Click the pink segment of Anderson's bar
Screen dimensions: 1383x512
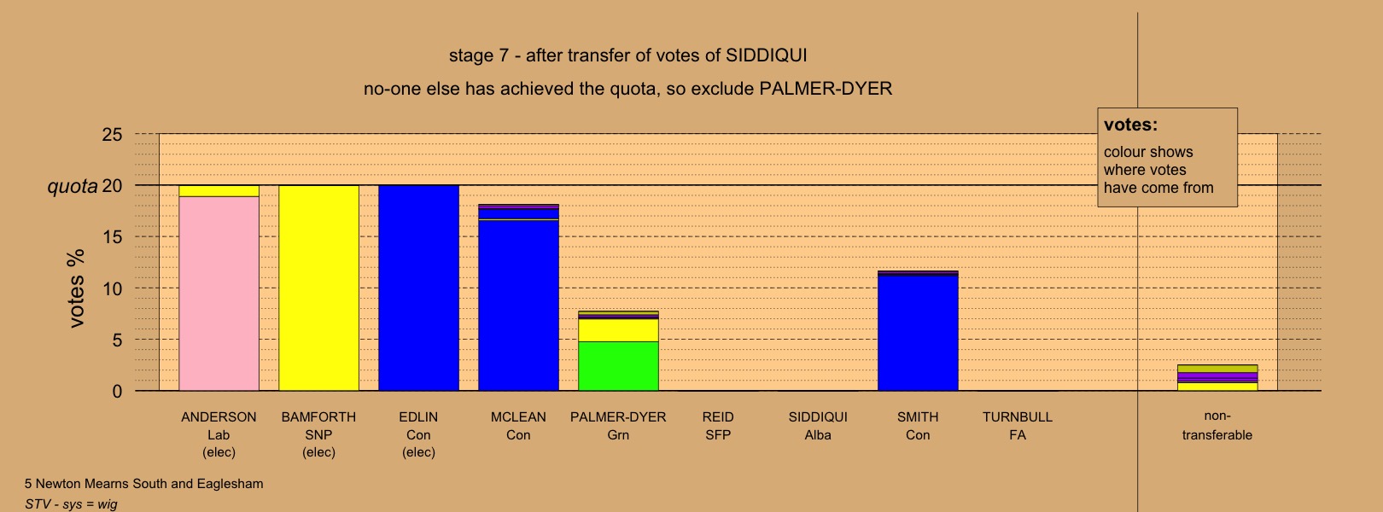click(219, 294)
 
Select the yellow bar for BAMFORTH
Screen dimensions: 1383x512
click(318, 288)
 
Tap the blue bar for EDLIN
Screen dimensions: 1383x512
click(418, 288)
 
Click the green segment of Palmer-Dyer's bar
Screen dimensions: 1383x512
click(619, 366)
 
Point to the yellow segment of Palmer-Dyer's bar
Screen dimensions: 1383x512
click(619, 330)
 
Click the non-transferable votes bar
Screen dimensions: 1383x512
click(1217, 377)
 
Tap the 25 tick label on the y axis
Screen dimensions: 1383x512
click(113, 135)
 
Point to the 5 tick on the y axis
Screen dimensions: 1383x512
click(117, 340)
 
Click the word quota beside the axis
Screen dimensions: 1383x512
click(73, 186)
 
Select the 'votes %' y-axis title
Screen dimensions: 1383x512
click(76, 288)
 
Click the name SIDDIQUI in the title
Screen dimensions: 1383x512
click(767, 55)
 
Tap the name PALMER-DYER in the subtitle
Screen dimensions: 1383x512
click(826, 89)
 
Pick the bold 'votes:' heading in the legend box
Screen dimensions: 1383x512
click(1130, 125)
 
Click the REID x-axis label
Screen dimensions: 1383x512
click(718, 417)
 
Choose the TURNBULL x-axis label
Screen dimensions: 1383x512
click(1018, 417)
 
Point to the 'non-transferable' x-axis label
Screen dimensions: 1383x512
click(1217, 426)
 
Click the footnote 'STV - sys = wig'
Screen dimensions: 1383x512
click(71, 504)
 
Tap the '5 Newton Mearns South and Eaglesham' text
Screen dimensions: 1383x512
click(144, 484)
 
